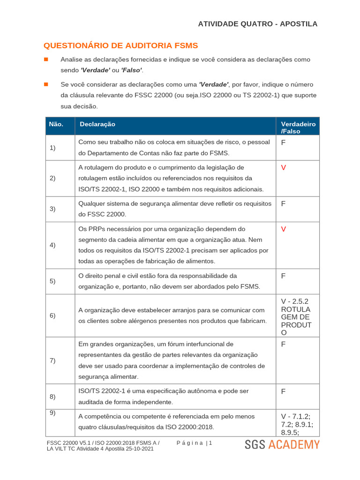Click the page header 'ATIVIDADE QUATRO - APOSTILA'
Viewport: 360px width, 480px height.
click(257, 24)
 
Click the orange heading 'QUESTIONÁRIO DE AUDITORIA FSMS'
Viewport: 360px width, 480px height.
click(120, 45)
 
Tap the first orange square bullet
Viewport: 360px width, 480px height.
click(46, 60)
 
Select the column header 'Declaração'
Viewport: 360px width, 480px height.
click(97, 124)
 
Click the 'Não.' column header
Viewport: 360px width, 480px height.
click(56, 124)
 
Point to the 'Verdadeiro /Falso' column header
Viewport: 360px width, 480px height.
click(298, 127)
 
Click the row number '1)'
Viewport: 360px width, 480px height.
click(52, 148)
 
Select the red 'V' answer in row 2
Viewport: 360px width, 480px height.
click(283, 168)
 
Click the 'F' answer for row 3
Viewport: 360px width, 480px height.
click(283, 204)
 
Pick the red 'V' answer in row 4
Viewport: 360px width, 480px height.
click(283, 229)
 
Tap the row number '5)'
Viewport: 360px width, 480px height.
click(52, 281)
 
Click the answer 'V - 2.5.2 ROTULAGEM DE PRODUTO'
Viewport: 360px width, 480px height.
click(295, 317)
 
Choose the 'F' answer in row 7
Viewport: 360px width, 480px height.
click(283, 345)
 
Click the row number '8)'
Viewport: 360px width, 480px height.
click(52, 397)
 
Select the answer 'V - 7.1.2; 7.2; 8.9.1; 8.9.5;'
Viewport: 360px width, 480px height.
click(297, 425)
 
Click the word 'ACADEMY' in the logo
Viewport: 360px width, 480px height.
click(294, 445)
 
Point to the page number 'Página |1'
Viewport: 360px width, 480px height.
click(195, 443)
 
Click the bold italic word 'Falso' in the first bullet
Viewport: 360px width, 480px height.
click(131, 70)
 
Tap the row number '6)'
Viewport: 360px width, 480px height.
click(52, 315)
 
